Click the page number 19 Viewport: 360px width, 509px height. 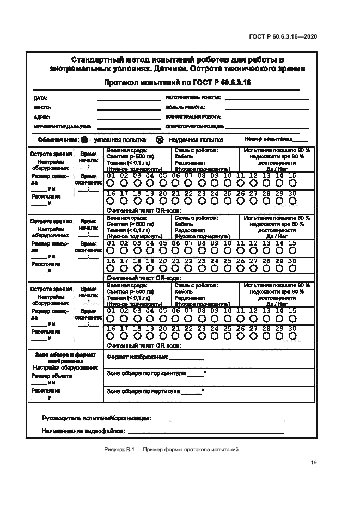314,463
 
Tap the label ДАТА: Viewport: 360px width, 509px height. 40,99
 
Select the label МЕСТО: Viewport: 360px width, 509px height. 42,108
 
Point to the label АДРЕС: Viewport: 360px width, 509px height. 42,117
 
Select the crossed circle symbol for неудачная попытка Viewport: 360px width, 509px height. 160,139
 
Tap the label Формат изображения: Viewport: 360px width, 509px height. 138,358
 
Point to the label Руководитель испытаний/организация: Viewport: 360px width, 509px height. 96,419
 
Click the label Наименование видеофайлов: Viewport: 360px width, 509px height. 83,431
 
